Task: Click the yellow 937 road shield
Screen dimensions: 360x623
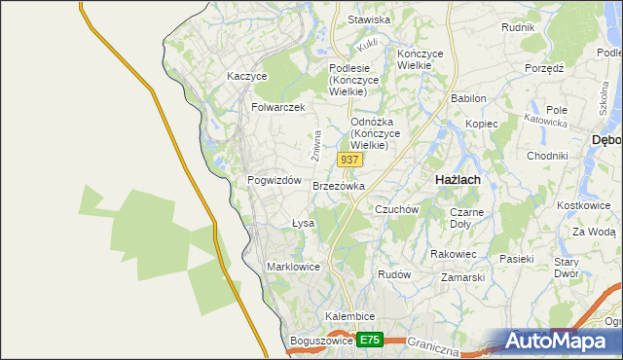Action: (x=351, y=159)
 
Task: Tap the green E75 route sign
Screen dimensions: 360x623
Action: (x=369, y=340)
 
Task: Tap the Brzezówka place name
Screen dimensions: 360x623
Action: (x=339, y=186)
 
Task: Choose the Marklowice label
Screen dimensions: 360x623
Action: (x=293, y=266)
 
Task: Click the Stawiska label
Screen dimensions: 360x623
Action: (x=369, y=19)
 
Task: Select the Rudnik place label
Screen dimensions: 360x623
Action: (x=518, y=27)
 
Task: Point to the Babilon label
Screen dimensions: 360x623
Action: (x=468, y=99)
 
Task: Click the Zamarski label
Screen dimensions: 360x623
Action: (x=462, y=277)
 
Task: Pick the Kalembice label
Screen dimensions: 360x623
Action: (x=350, y=317)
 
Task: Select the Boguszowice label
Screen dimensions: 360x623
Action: (x=320, y=342)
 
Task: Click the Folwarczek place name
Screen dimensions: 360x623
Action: (x=278, y=107)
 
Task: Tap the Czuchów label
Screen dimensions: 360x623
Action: (x=396, y=209)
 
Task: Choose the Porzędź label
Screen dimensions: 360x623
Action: (x=545, y=69)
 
